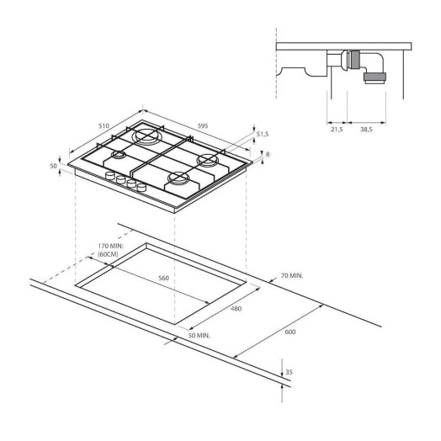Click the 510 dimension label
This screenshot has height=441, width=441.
click(x=104, y=125)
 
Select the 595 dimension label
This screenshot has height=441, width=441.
click(x=203, y=125)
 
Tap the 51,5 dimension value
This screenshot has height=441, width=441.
click(x=262, y=134)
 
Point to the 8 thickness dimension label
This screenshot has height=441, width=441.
click(x=268, y=154)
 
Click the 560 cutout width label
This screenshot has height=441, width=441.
click(x=163, y=278)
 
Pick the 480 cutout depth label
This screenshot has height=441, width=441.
click(x=236, y=309)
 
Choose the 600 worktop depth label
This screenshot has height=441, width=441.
click(x=290, y=332)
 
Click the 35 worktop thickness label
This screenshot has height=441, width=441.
click(x=289, y=372)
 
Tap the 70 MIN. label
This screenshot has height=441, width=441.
click(x=292, y=276)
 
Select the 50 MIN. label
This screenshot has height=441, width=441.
click(x=199, y=335)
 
